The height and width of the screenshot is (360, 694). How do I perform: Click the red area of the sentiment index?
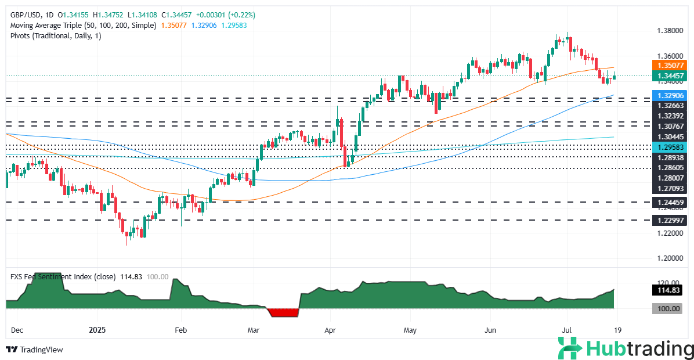click(x=284, y=312)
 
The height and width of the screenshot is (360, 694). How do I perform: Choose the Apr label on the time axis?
click(x=330, y=330)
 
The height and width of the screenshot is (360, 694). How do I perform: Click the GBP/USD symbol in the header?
click(x=23, y=15)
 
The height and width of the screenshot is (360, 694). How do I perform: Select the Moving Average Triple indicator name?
click(x=52, y=26)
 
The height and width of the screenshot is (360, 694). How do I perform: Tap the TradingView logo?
click(x=35, y=350)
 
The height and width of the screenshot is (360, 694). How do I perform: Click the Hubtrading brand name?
click(x=638, y=349)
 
